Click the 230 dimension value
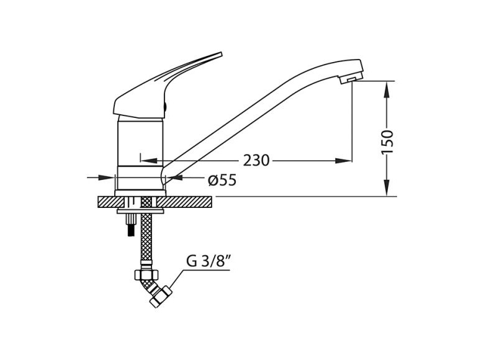pos(256,161)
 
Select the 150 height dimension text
pos(387,142)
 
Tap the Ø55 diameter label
pos(222,180)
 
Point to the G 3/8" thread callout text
pos(208,261)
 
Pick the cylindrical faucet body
pos(140,155)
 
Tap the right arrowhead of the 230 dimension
pos(343,161)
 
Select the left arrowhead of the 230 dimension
pos(149,161)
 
